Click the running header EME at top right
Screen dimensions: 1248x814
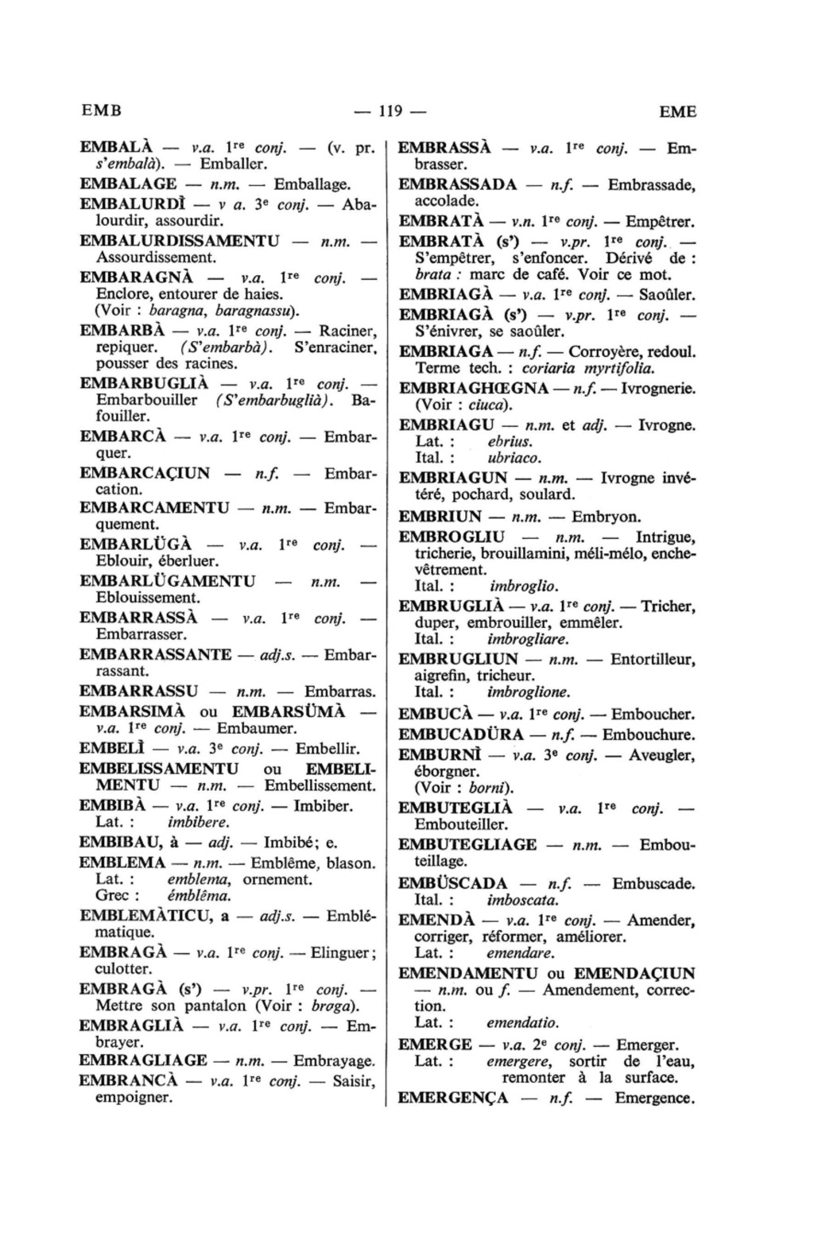click(677, 111)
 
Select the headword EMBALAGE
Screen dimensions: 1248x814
click(128, 184)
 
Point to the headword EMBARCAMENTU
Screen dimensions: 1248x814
click(155, 507)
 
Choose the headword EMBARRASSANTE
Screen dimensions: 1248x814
click(156, 654)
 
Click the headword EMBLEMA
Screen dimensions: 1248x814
click(123, 862)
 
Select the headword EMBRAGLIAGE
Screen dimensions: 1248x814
click(144, 1060)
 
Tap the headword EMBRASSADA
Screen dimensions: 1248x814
click(457, 184)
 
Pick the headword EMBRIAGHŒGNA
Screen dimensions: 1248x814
click(473, 389)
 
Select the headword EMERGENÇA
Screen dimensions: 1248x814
click(453, 1099)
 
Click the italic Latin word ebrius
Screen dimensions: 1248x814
click(510, 442)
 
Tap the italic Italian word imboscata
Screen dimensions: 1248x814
click(523, 901)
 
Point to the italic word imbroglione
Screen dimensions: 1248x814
click(528, 692)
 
